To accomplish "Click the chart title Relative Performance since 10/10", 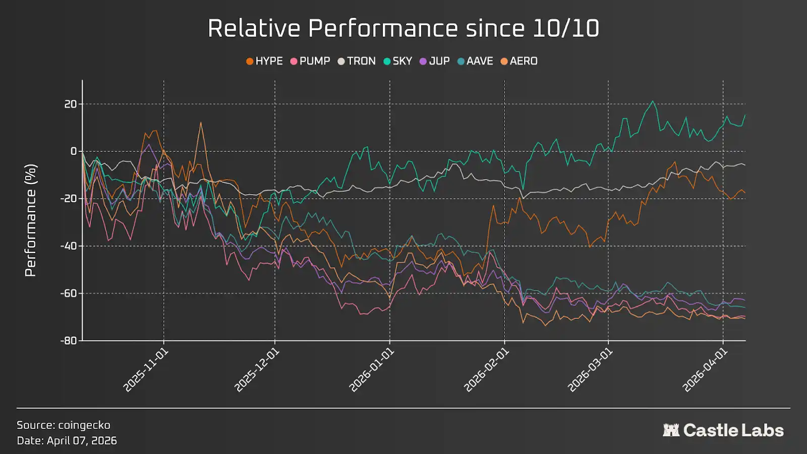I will coord(403,28).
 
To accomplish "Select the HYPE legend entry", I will coord(264,61).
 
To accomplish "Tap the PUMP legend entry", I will coord(310,61).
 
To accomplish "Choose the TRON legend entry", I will coord(357,61).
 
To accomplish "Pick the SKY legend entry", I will coord(398,61).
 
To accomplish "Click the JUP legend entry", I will coord(435,61).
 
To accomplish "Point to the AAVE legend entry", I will coord(475,61).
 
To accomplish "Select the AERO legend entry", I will coord(519,61).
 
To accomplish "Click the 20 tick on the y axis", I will coord(71,104).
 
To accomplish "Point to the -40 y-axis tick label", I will coord(69,246).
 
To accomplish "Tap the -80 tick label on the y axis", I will coord(69,340).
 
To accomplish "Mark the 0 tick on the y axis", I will coord(74,151).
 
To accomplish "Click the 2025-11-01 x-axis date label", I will coord(146,370).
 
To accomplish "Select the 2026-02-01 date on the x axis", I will coord(486,370).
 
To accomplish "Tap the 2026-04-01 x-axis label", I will coord(705,370).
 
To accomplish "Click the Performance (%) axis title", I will coord(31,220).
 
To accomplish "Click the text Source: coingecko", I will coord(64,425).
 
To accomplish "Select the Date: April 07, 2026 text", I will coord(67,440).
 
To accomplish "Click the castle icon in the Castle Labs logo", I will coord(671,430).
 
